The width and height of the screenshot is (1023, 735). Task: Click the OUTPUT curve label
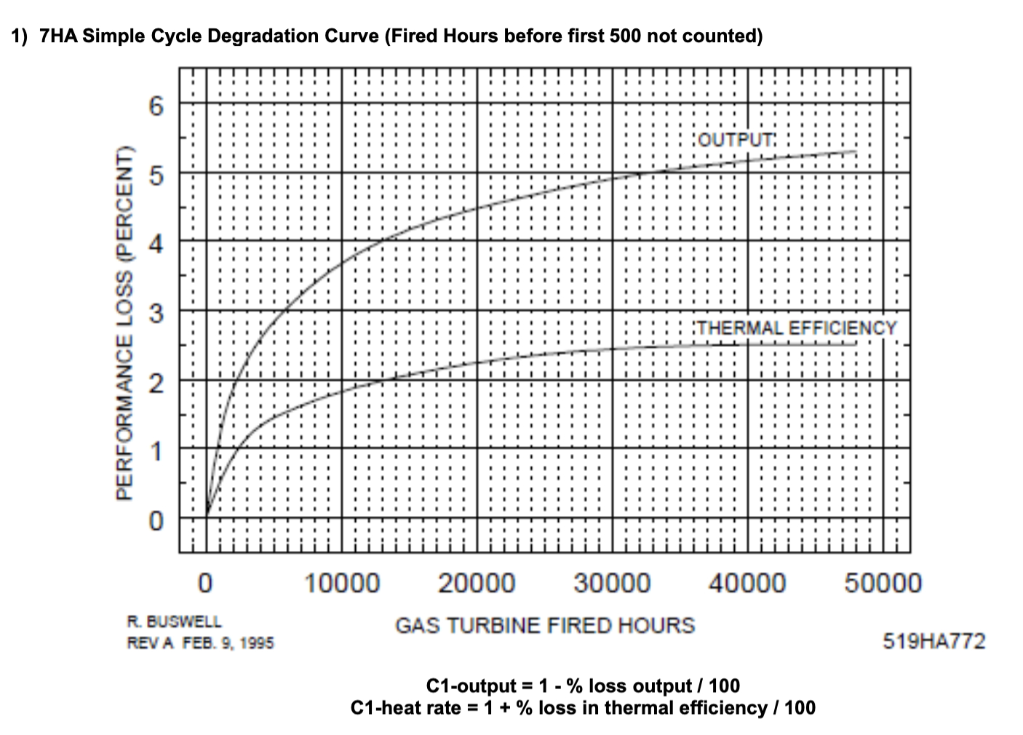(735, 139)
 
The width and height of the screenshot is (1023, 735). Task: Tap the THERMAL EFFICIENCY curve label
(797, 328)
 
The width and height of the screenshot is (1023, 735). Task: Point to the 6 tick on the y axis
(156, 106)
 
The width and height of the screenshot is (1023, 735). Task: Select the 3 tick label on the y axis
(156, 314)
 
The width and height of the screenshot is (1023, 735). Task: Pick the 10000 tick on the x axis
(342, 583)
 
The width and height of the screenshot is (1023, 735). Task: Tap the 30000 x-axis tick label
(613, 583)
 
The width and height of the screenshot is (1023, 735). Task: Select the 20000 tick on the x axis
(477, 583)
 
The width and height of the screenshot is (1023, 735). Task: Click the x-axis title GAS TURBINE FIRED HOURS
(545, 625)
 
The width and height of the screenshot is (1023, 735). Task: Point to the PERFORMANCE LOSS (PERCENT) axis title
(124, 323)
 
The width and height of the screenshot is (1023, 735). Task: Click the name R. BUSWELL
(175, 621)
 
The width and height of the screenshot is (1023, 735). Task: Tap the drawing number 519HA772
(934, 641)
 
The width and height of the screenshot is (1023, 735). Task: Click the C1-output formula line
(583, 686)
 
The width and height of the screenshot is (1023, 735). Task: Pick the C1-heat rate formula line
(583, 707)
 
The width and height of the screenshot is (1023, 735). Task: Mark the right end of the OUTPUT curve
(856, 151)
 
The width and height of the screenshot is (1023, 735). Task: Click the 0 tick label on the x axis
(206, 583)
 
